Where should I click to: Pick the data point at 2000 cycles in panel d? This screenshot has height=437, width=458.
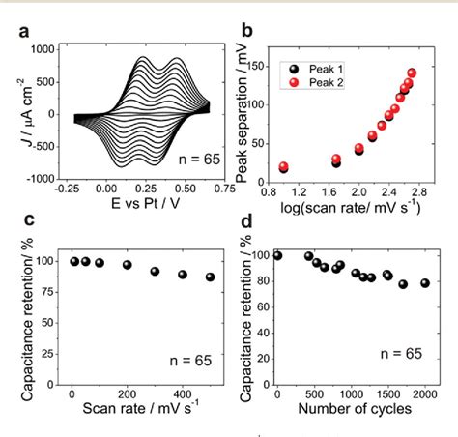pyautogui.click(x=424, y=283)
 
